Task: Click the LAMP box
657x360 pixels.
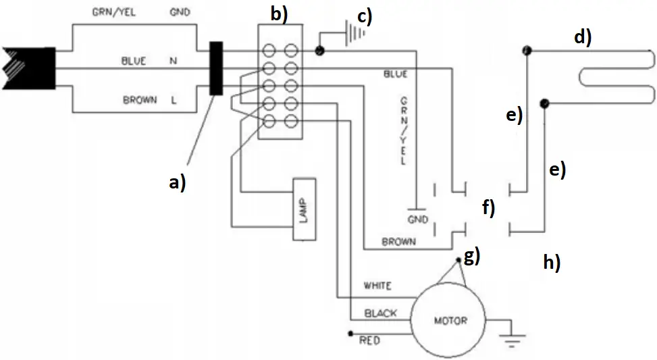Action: click(303, 210)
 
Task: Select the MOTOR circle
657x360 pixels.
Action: click(450, 319)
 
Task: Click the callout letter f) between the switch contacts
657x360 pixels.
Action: click(487, 207)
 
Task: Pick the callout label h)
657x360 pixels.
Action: click(552, 261)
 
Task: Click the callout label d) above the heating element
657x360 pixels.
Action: click(583, 36)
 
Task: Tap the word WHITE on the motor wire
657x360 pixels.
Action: click(377, 286)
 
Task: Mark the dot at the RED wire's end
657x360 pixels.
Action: click(350, 334)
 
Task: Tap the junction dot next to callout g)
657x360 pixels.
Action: click(459, 260)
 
